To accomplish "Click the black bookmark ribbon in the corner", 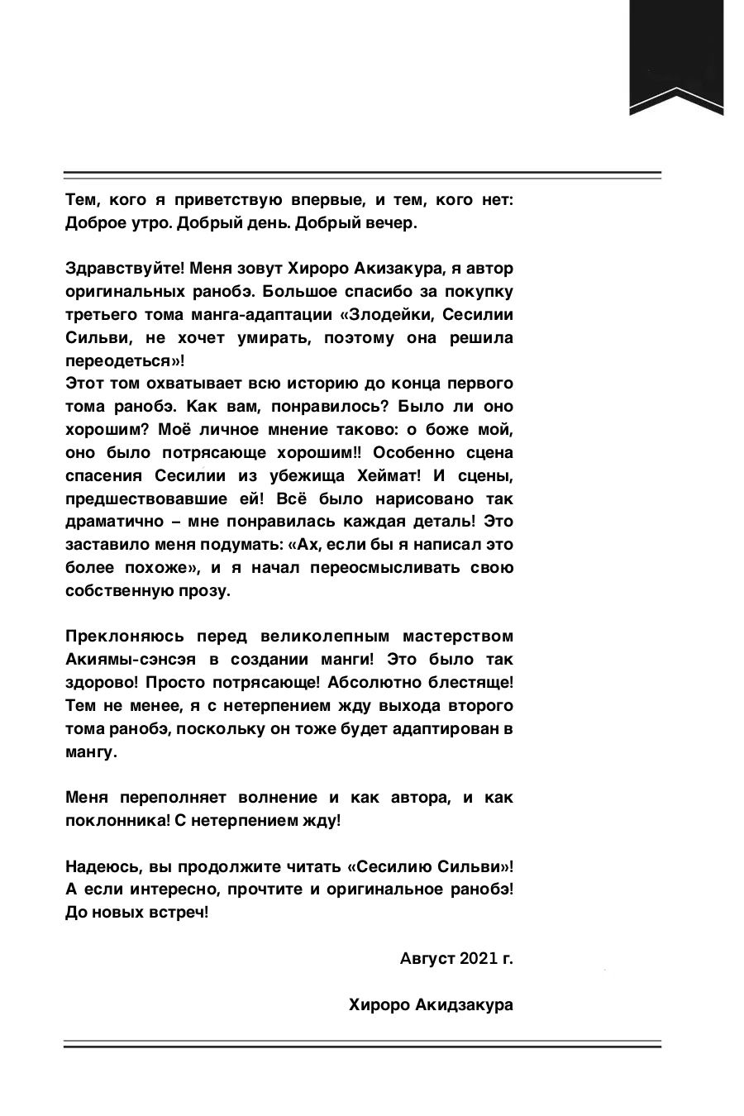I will point(676,58).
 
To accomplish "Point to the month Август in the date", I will point(427,959).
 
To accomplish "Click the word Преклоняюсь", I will point(122,637).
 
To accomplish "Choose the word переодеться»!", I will point(124,361).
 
